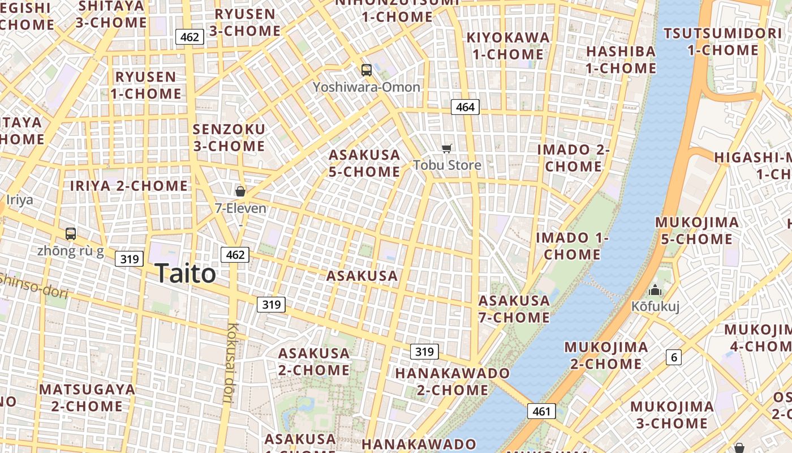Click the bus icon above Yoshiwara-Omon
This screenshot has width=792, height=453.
(x=367, y=70)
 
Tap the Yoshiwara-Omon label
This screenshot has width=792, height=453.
(x=367, y=87)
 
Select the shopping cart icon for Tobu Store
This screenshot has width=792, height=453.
(x=447, y=148)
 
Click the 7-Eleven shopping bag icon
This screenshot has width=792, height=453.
(x=240, y=191)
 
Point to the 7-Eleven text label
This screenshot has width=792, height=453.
(x=240, y=208)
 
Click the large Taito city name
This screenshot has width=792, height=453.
(x=185, y=274)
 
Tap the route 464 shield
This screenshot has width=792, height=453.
(x=465, y=107)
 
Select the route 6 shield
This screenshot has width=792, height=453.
(x=673, y=357)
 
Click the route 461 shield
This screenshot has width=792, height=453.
(x=541, y=411)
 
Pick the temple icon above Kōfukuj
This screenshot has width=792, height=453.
(x=655, y=290)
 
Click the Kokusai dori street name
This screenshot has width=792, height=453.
(x=231, y=362)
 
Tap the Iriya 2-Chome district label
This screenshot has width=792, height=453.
(x=129, y=186)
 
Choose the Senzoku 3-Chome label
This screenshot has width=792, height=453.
(x=229, y=138)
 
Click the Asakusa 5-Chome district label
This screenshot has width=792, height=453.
(x=364, y=163)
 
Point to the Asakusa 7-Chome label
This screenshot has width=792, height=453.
(x=514, y=309)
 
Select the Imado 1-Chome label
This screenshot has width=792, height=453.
(x=572, y=246)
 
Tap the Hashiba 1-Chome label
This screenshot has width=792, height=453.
(x=621, y=59)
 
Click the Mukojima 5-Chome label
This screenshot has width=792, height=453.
(x=696, y=230)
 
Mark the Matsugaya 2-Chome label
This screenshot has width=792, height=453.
(x=87, y=398)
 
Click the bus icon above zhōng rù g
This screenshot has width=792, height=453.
(x=71, y=233)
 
